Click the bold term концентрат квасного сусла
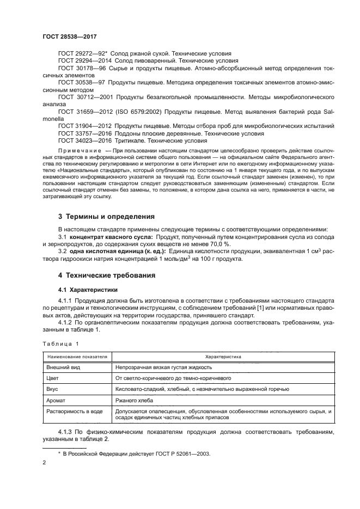pos(111,222)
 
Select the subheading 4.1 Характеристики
pos(83,289)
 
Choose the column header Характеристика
pos(223,356)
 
